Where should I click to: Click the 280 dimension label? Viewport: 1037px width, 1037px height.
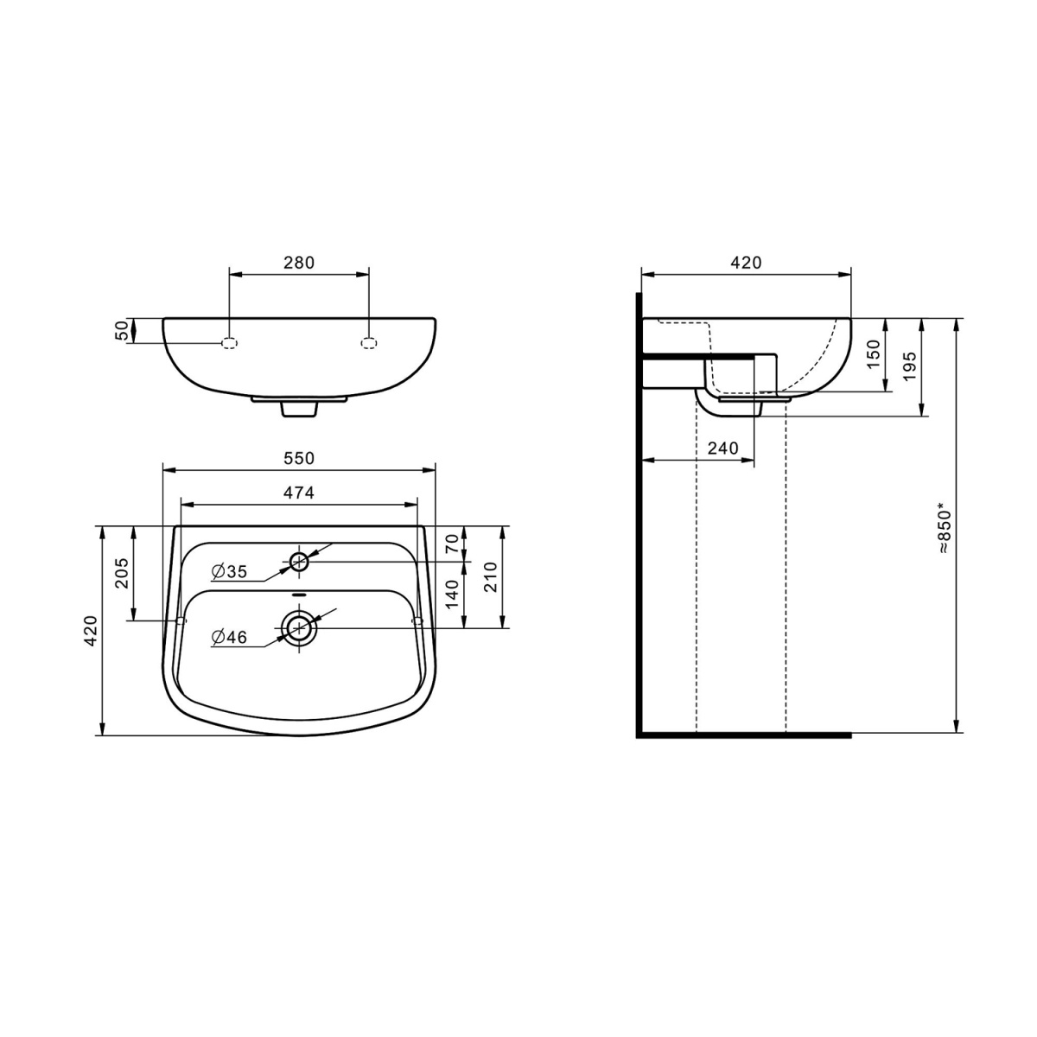(299, 263)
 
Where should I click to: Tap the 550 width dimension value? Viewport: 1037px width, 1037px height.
(299, 458)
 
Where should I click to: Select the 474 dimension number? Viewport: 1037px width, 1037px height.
(299, 493)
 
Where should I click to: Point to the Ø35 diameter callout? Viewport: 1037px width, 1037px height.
(229, 571)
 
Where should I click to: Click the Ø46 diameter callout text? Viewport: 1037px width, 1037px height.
(229, 637)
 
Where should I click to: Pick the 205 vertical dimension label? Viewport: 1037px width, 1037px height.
(122, 573)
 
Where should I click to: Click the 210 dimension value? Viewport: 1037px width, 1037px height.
(490, 577)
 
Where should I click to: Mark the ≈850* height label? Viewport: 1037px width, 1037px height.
(945, 529)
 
